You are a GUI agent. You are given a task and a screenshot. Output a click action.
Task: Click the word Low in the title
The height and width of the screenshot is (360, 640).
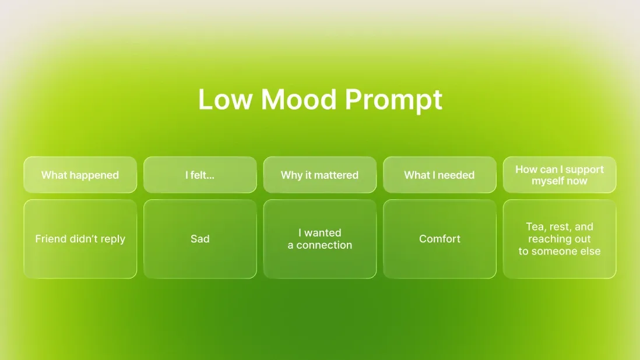pos(224,100)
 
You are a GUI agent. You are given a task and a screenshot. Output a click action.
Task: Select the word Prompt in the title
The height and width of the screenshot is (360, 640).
pos(393,101)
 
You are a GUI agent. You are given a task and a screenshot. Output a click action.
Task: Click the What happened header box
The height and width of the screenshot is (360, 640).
pos(80,175)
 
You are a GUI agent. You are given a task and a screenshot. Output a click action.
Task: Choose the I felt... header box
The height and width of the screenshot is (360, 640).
pos(200,175)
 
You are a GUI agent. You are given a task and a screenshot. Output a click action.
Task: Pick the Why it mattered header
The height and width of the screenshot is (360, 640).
pos(319,175)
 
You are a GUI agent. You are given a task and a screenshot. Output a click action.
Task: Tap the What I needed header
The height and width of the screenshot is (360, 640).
pos(439,175)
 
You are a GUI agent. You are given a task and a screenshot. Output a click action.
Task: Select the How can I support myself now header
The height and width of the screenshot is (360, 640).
pos(560,175)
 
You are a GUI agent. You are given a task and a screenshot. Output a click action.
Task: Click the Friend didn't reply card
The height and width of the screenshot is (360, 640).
pos(80,239)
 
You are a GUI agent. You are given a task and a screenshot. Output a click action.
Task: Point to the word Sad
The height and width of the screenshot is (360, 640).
pos(200,239)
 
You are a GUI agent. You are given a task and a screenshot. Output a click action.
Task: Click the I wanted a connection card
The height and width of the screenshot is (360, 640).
pos(319,239)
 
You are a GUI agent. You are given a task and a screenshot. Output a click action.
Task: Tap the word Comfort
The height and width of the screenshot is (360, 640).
pos(439,239)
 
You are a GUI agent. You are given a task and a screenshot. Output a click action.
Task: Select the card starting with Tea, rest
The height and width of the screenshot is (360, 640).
pos(560,239)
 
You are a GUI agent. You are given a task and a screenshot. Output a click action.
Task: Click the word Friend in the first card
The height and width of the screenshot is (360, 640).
pos(51,239)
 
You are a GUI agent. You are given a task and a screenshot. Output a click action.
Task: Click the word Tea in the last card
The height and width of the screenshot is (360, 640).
pos(534,227)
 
